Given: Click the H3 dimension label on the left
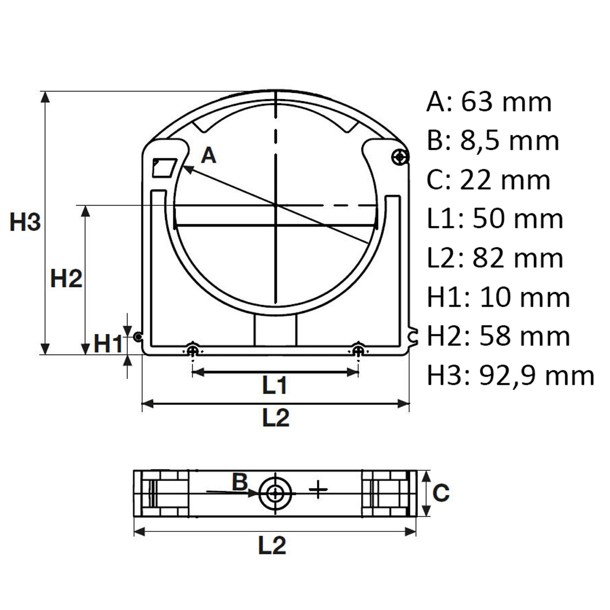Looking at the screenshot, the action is tap(25, 222).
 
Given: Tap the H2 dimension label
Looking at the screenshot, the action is tap(66, 279).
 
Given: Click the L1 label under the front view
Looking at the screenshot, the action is tap(275, 385).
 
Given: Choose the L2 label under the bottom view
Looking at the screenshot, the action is tap(272, 545).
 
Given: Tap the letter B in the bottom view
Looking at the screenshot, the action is tap(240, 482).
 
